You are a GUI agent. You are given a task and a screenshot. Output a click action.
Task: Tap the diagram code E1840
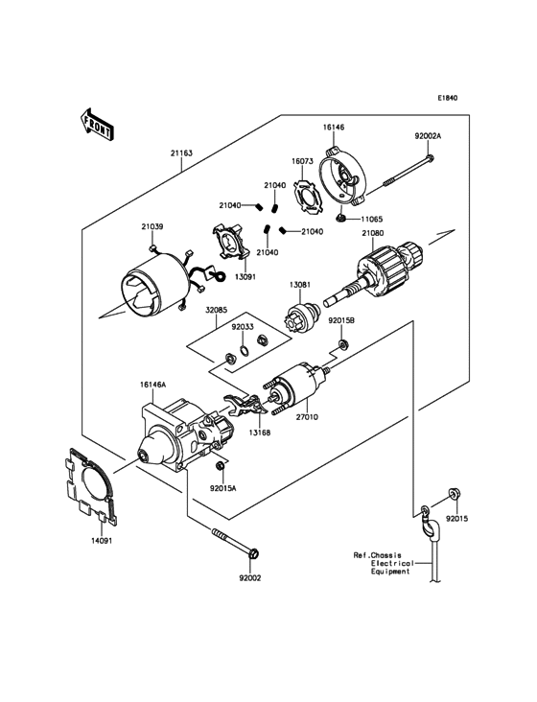click(448, 98)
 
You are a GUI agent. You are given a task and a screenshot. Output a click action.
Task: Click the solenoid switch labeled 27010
click(299, 386)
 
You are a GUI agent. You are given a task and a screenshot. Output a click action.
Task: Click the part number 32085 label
click(216, 310)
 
